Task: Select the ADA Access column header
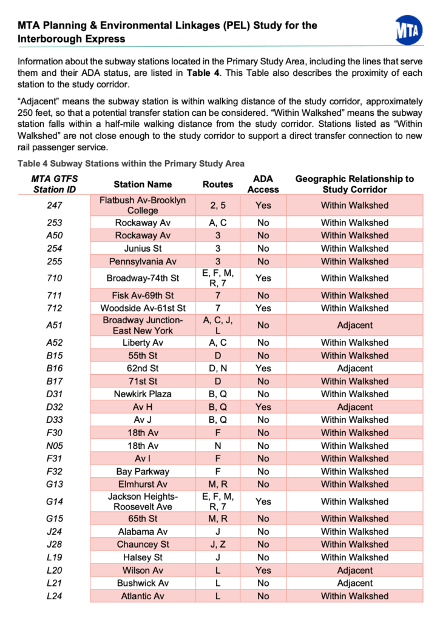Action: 263,184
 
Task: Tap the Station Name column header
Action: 143,184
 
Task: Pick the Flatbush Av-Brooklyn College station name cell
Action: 143,205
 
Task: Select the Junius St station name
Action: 143,248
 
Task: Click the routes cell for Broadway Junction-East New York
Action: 217,325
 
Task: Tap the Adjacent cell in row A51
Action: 354,325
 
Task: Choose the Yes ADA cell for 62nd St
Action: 263,368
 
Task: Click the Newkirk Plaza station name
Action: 143,394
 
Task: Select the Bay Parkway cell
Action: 143,471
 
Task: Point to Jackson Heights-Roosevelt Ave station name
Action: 143,502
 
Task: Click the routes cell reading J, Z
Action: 217,544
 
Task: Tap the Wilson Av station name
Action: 143,570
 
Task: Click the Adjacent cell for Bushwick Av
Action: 354,583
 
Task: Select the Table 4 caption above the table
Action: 131,164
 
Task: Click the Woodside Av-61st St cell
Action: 143,308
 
